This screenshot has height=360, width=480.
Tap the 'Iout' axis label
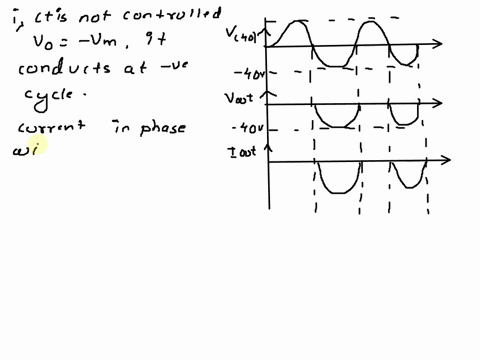243,153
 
